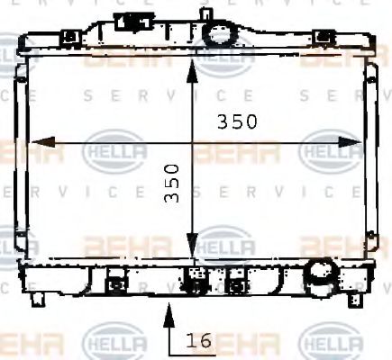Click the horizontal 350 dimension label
[x=237, y=121]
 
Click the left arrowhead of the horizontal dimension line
[x=36, y=141]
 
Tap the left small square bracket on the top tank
[x=68, y=37]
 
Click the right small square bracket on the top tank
[x=320, y=37]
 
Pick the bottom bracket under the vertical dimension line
[x=193, y=282]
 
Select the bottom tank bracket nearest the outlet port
[x=236, y=283]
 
